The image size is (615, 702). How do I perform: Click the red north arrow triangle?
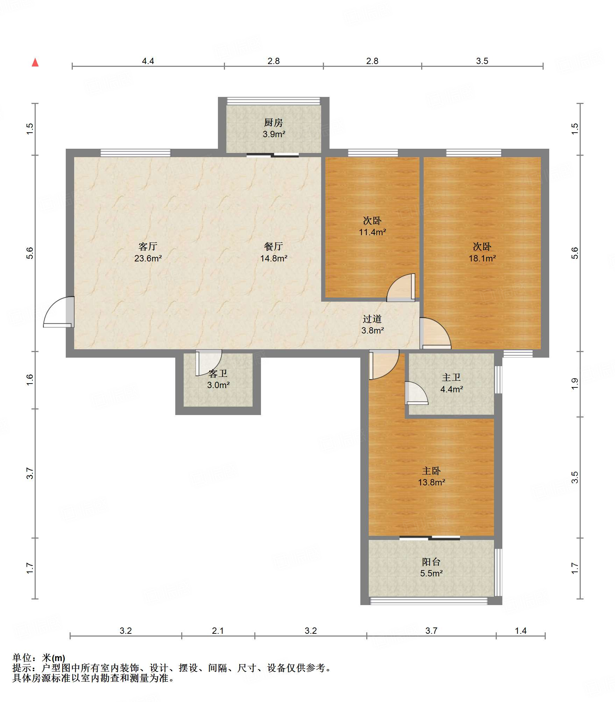tap(35, 62)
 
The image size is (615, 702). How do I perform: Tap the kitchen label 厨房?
tap(274, 122)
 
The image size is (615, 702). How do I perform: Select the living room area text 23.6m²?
tap(148, 258)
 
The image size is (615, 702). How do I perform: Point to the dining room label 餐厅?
tap(274, 246)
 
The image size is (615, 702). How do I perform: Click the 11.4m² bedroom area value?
tap(373, 232)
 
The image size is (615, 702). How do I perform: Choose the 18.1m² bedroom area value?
tap(482, 258)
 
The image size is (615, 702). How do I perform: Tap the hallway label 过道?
tap(372, 319)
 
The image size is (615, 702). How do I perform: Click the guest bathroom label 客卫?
tap(218, 374)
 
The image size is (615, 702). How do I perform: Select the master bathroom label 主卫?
tap(451, 377)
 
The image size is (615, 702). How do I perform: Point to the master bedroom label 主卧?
tap(431, 471)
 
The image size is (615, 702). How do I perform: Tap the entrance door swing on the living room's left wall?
tap(59, 312)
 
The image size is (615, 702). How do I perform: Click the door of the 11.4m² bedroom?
tap(401, 287)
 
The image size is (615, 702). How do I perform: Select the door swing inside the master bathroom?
tap(416, 393)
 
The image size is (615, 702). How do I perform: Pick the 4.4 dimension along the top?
tap(148, 61)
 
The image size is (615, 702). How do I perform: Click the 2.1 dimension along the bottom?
tap(218, 631)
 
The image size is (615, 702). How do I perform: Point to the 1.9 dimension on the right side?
tap(575, 384)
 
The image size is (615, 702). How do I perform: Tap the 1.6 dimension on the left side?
tap(30, 380)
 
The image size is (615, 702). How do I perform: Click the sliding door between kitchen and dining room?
tap(273, 155)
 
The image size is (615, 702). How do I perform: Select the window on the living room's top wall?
tap(135, 153)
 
